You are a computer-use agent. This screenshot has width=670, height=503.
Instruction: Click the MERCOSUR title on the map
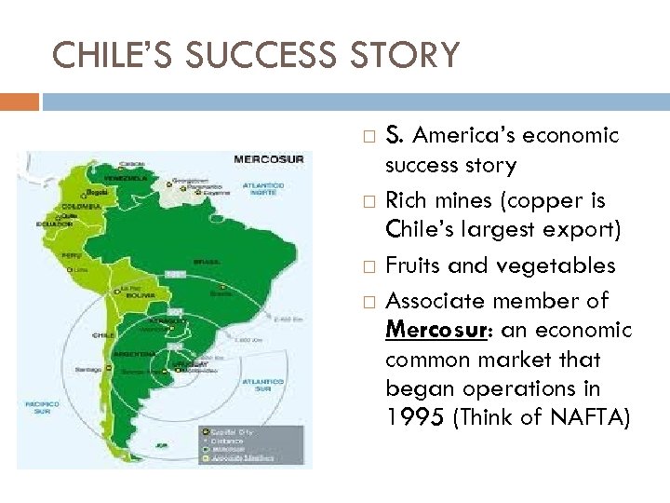[269, 158]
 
